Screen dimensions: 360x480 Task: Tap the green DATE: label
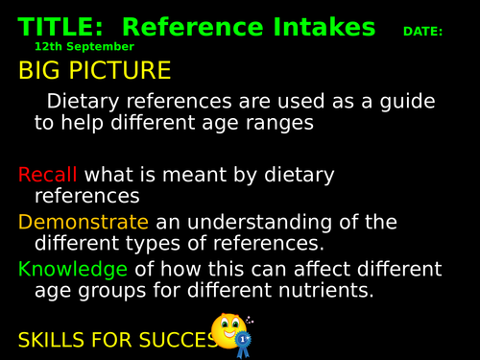point(422,32)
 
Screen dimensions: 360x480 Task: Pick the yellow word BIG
point(44,71)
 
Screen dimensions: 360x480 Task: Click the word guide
point(408,102)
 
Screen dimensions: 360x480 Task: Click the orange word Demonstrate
point(85,223)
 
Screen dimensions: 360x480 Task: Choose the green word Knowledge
point(72,269)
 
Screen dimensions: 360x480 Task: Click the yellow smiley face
point(228,329)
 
